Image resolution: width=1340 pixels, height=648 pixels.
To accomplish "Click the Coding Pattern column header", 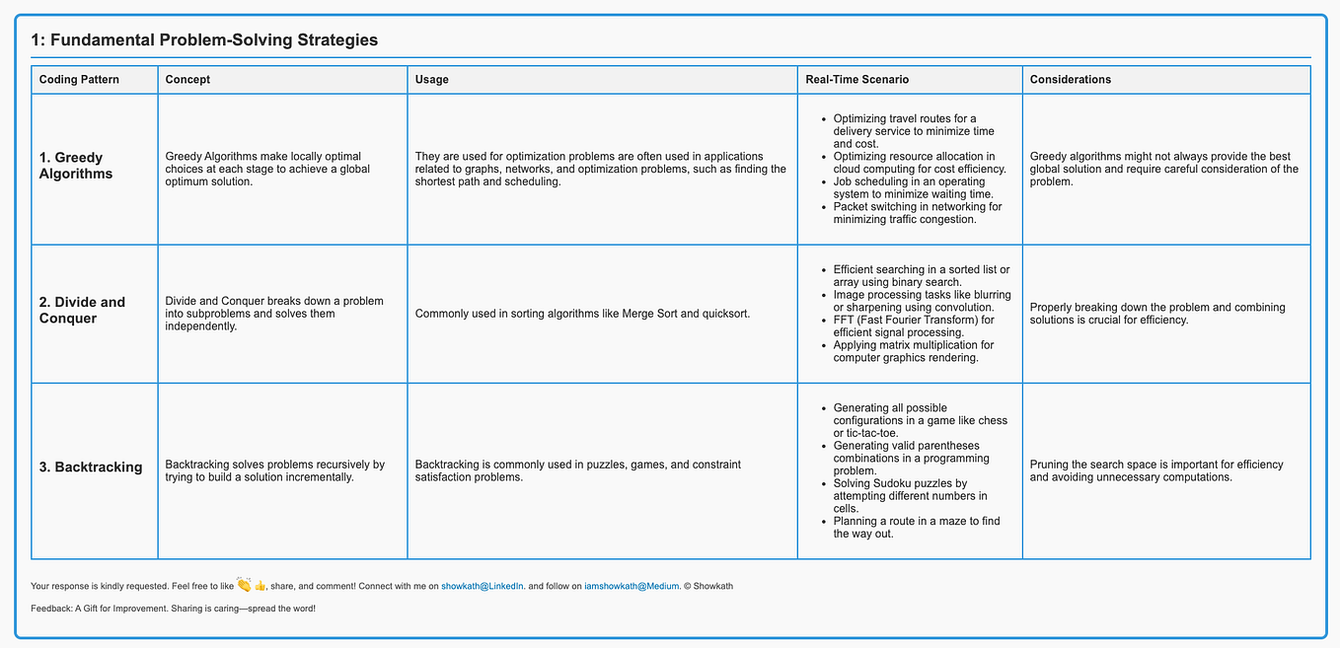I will [x=79, y=79].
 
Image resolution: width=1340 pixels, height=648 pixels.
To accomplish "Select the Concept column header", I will [x=187, y=79].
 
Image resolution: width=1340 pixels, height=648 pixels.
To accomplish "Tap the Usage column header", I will [x=431, y=79].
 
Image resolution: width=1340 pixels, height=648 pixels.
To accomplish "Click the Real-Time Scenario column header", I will [x=856, y=79].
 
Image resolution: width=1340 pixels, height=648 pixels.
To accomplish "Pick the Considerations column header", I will [x=1070, y=79].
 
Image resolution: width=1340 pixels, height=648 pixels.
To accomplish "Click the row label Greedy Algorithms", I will [x=76, y=166].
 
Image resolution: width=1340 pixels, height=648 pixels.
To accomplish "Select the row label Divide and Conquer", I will [x=82, y=310].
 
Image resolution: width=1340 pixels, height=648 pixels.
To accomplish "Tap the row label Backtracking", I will [x=91, y=468].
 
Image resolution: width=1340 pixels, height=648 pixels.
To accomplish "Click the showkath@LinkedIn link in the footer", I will [x=483, y=586].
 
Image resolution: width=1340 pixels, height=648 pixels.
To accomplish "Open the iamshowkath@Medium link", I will [x=632, y=586].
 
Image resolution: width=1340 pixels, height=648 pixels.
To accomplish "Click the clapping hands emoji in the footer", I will [x=244, y=585].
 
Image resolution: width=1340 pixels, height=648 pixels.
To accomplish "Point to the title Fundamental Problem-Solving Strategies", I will [x=204, y=40].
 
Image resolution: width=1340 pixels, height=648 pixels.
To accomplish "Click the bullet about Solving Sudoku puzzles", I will [x=910, y=496].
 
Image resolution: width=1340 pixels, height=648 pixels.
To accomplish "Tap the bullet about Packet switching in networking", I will [x=917, y=213].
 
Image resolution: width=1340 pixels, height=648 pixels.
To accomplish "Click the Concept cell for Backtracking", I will [x=275, y=470].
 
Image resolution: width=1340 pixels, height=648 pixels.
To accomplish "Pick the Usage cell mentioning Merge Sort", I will [x=582, y=314].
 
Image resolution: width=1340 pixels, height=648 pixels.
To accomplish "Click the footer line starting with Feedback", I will [x=173, y=609].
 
